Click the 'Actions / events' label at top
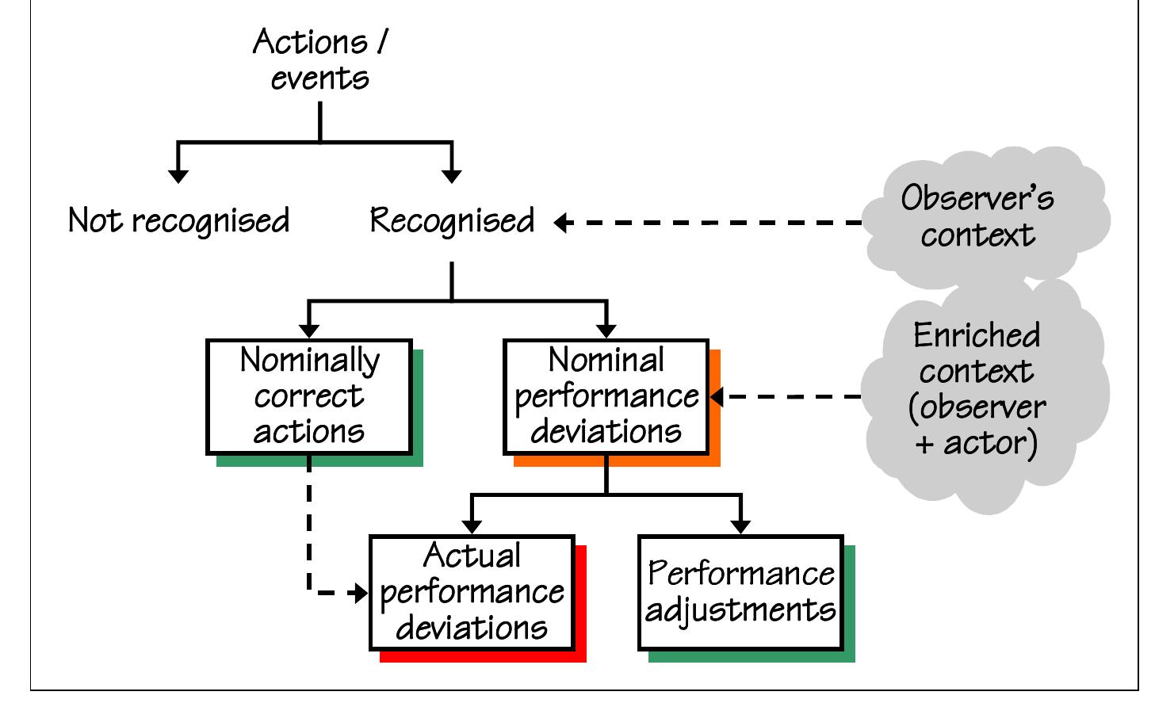point(319,60)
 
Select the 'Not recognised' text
point(179,221)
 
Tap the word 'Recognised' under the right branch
point(453,221)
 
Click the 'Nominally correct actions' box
point(309,396)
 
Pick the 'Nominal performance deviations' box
point(606,396)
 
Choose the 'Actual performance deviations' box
point(472,592)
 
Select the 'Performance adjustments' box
point(740,592)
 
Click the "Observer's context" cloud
point(977,216)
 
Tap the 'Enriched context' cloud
point(977,388)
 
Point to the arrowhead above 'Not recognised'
point(179,175)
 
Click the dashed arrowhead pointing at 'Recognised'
point(561,224)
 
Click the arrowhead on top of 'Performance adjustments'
point(740,526)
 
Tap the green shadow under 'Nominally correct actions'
point(317,460)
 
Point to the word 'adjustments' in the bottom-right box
point(740,610)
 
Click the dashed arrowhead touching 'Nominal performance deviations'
point(717,396)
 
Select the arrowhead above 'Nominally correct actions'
point(309,330)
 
